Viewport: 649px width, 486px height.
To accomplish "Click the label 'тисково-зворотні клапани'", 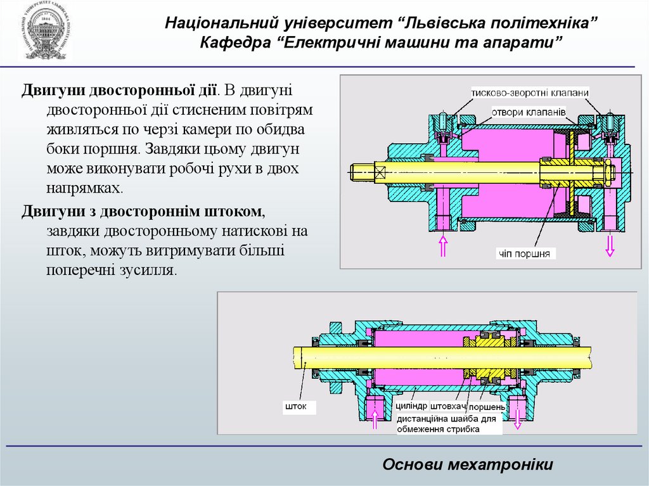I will [x=530, y=93].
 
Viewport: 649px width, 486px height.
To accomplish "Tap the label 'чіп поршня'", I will [x=525, y=253].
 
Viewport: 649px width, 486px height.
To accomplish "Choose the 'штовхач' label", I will [x=448, y=406].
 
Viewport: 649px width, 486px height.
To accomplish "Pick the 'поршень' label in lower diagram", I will [x=485, y=406].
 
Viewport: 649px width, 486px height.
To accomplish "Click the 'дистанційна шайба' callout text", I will [x=449, y=424].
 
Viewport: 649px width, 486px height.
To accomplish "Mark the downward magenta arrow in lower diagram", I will [x=518, y=418].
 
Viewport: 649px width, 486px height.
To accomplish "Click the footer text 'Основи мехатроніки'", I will [x=468, y=464].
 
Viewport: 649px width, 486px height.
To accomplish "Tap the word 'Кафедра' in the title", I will [x=229, y=43].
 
